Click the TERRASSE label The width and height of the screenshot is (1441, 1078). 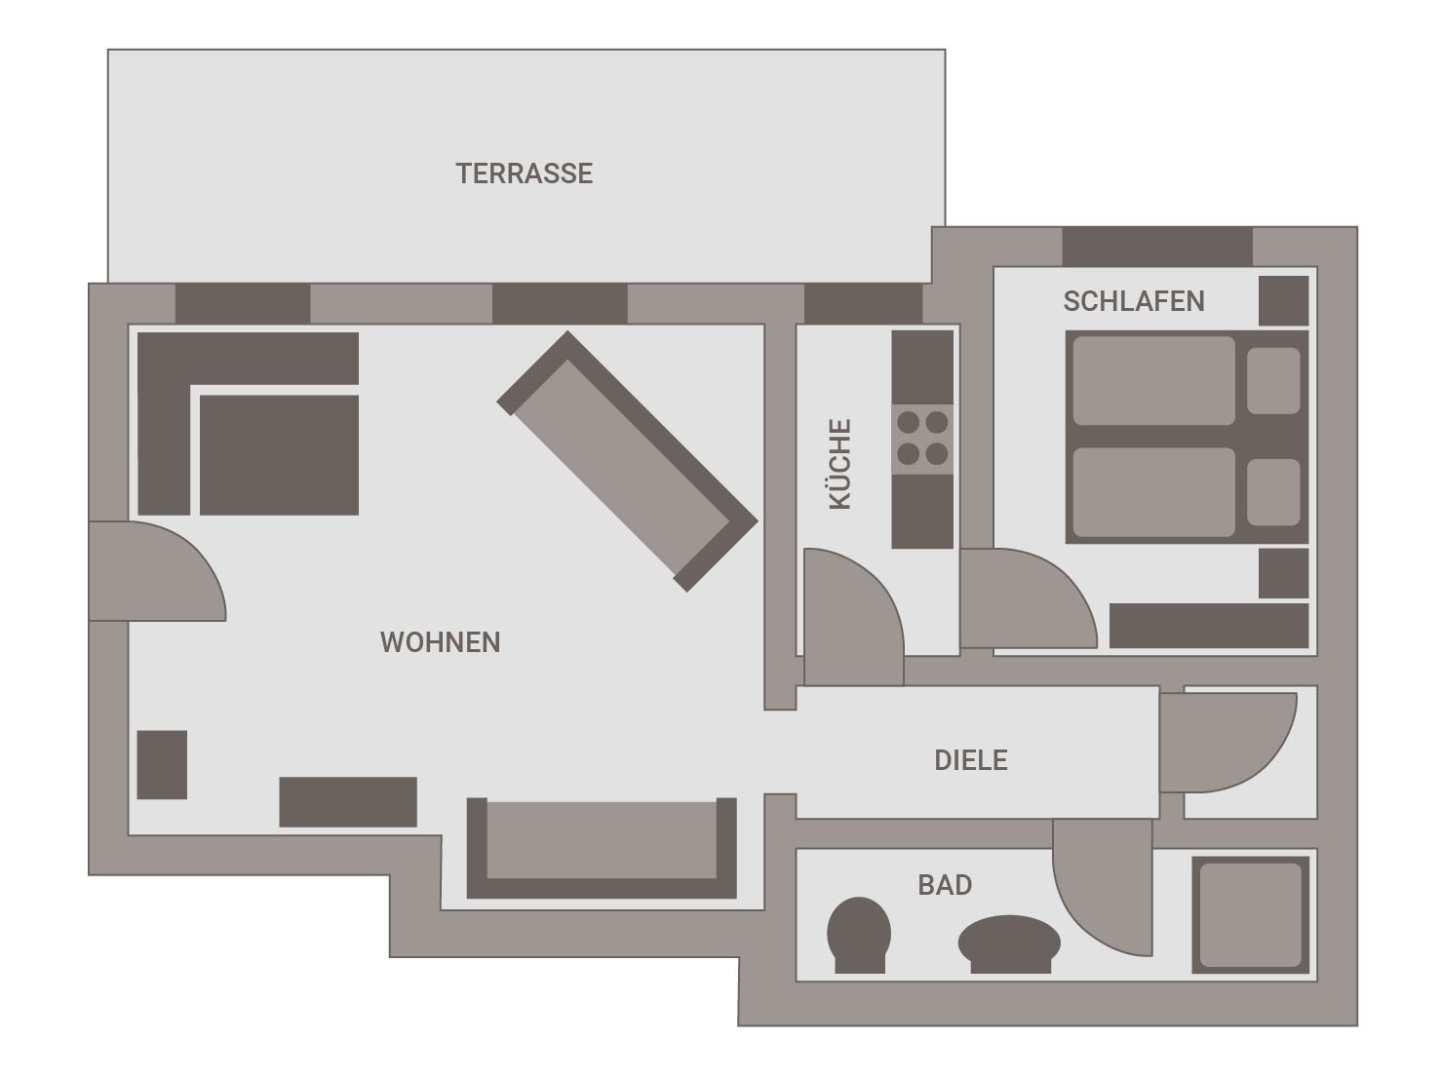point(524,173)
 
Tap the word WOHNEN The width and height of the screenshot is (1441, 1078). point(440,642)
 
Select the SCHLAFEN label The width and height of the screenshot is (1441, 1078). point(1134,302)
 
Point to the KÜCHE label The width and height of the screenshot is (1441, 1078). point(840,464)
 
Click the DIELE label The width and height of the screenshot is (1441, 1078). point(971,760)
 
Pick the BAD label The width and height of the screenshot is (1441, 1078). point(945,885)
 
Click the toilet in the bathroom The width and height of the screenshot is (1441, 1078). point(859,935)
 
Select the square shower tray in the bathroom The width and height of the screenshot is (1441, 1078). point(1251,914)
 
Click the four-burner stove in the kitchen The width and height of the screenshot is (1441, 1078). point(922,439)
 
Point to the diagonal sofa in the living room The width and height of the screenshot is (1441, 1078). point(628,461)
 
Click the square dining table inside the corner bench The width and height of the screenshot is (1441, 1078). point(279,454)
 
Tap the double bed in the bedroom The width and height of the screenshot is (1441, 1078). point(1187,437)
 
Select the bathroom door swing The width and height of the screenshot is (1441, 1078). point(1103,886)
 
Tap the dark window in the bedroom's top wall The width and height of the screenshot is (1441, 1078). point(1157,247)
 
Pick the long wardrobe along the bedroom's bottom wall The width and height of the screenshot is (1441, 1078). point(1209,626)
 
